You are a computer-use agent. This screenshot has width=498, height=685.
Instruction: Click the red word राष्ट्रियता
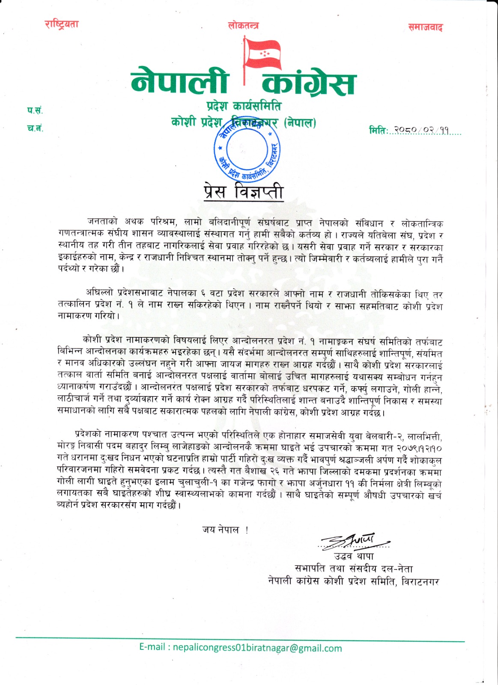click(x=62, y=24)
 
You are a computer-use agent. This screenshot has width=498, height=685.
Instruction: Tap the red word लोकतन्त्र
click(x=243, y=26)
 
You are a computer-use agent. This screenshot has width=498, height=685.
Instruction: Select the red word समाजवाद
click(x=425, y=27)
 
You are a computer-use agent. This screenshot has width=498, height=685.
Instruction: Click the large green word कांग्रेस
click(x=308, y=83)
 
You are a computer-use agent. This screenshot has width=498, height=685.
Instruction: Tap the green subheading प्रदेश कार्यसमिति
click(x=244, y=106)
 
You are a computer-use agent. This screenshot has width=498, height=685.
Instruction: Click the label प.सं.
click(x=35, y=110)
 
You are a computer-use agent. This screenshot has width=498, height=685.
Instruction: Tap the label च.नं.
click(x=35, y=128)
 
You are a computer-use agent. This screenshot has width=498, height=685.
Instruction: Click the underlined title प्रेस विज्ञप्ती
click(x=243, y=191)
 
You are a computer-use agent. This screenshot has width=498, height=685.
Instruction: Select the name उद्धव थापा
click(x=354, y=556)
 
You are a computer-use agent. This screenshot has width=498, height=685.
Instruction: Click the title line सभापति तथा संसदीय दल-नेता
click(x=354, y=569)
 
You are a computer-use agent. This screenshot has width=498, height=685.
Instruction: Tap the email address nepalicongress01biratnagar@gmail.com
click(x=257, y=648)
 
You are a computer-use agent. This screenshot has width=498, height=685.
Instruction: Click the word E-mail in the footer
click(x=152, y=647)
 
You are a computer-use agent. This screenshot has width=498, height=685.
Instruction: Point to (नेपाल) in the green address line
click(x=300, y=123)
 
